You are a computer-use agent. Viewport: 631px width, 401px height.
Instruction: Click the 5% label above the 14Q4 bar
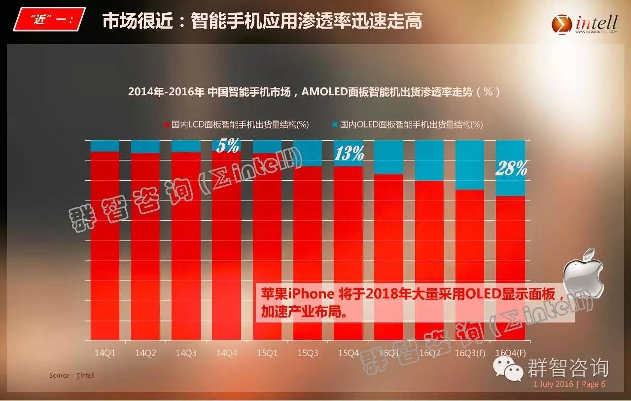click(227, 145)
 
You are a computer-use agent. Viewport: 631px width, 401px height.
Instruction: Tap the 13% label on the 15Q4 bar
click(349, 154)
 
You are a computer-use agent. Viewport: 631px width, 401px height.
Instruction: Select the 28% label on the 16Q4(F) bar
click(511, 169)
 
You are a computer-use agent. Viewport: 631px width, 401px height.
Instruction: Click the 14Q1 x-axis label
click(105, 353)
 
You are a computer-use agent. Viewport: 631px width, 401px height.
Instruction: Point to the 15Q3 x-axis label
click(308, 353)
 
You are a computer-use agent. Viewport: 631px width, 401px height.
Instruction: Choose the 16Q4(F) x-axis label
click(510, 353)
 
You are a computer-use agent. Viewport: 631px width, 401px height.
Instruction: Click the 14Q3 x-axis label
click(186, 353)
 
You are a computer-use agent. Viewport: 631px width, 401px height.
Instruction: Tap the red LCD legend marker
click(167, 125)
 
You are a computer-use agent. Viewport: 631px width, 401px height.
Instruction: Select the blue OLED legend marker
click(335, 125)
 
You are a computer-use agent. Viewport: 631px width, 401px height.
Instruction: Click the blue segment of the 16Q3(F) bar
click(469, 165)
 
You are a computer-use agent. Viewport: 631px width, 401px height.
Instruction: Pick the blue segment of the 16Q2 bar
click(429, 160)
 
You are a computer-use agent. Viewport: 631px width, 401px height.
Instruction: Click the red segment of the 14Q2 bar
click(145, 247)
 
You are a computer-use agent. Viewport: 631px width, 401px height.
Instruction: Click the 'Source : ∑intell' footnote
click(71, 376)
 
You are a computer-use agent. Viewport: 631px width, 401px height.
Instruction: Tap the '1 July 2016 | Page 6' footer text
click(569, 384)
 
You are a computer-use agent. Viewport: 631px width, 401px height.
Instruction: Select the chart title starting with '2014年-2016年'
click(314, 92)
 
